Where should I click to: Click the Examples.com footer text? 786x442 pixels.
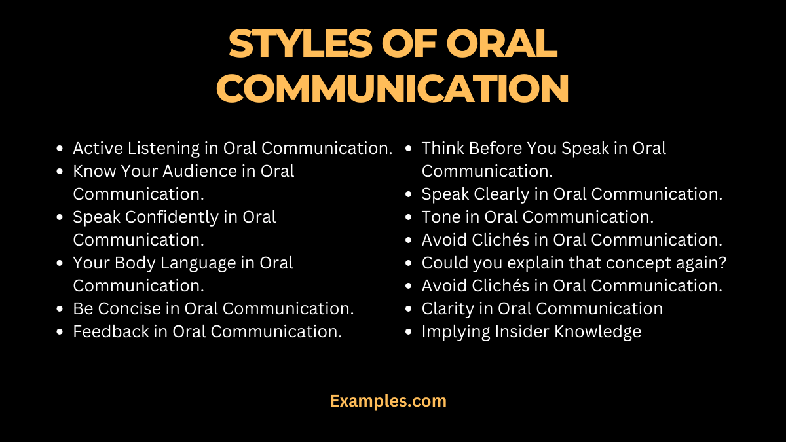[x=388, y=401]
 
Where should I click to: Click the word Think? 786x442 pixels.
[x=443, y=149]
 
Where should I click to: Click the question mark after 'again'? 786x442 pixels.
[x=723, y=263]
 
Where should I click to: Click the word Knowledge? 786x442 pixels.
[x=598, y=331]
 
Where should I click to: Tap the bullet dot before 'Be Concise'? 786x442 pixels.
[x=60, y=309]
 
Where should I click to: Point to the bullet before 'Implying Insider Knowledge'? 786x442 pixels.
[x=409, y=332]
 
